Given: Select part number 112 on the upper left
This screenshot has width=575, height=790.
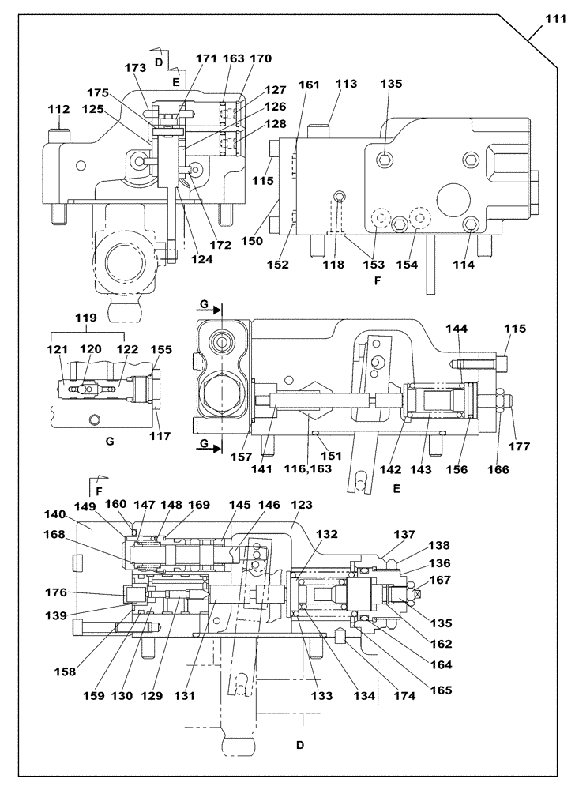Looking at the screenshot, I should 58,110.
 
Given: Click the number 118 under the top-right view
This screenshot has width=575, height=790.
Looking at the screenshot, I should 333,265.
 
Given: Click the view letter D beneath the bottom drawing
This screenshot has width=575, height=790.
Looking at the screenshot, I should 299,744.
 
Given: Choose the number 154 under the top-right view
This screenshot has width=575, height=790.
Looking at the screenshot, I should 408,265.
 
